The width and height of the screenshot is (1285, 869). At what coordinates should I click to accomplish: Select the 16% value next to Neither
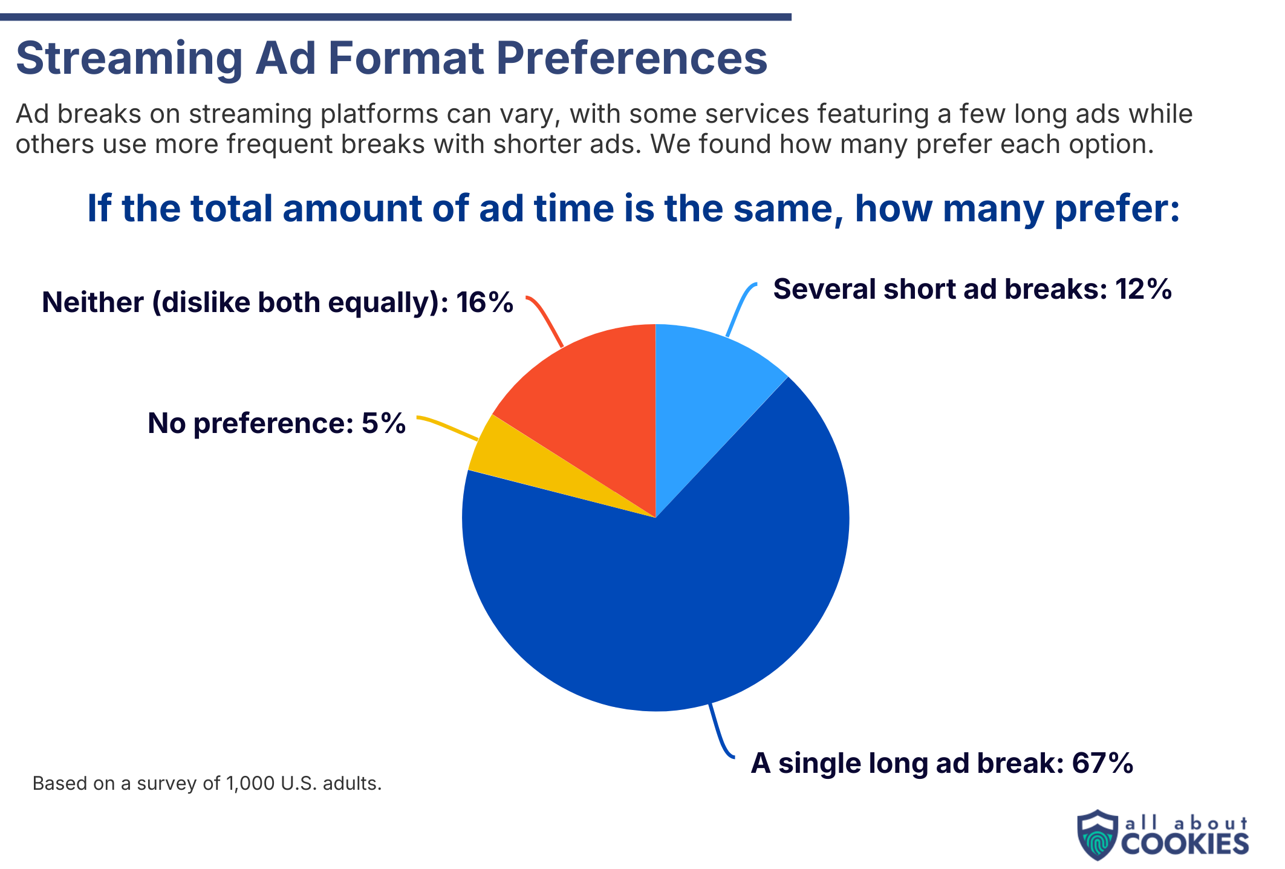click(484, 302)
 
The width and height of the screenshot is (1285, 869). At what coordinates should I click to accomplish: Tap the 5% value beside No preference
click(383, 423)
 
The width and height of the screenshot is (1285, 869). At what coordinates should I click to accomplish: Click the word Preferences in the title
click(632, 59)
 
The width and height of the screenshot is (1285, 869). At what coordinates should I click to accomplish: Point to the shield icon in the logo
click(1097, 835)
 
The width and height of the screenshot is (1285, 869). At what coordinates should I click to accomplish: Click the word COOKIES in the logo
click(1185, 844)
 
